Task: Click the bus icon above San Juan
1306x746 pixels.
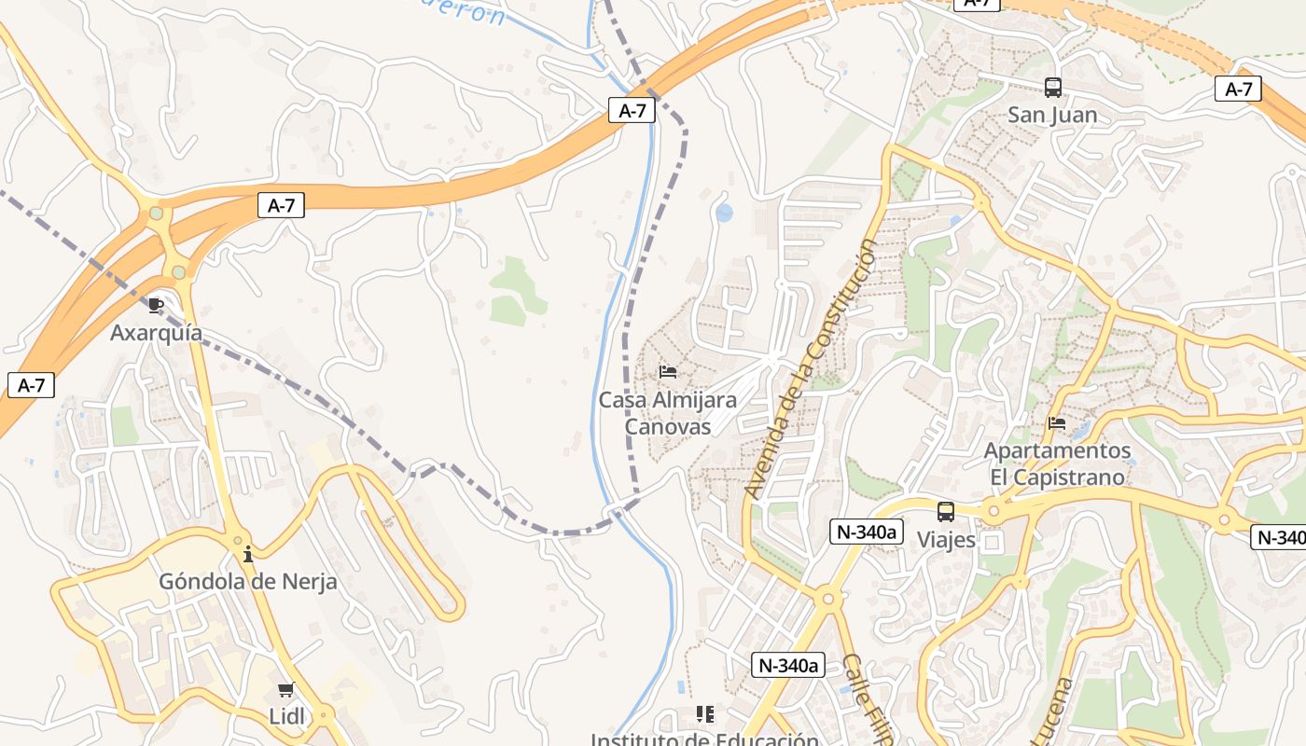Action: pos(1053,88)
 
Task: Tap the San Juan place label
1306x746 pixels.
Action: pos(1052,116)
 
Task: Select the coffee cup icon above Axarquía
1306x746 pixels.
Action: pos(156,305)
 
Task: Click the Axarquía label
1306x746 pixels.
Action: pos(156,333)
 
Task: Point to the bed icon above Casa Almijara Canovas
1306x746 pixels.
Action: pos(668,371)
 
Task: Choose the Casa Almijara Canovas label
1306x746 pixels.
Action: pos(667,413)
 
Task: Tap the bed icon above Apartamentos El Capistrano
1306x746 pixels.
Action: pos(1057,422)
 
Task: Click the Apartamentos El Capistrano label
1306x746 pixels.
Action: pos(1057,463)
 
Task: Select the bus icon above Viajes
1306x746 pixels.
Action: pos(946,512)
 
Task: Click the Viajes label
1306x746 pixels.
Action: pos(946,540)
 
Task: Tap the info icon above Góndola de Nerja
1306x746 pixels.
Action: pos(248,554)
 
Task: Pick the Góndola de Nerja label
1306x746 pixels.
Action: pos(248,582)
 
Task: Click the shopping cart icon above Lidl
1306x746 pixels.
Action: pos(285,690)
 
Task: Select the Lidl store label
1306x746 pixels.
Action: pos(285,717)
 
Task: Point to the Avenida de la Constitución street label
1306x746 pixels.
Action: pos(811,369)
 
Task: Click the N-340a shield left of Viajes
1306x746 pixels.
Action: pos(867,532)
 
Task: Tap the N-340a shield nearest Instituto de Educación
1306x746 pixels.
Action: pos(788,665)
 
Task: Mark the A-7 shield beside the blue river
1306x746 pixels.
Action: pos(632,111)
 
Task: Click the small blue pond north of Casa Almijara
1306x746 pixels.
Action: pos(724,213)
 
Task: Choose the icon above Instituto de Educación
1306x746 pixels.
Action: pos(704,714)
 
